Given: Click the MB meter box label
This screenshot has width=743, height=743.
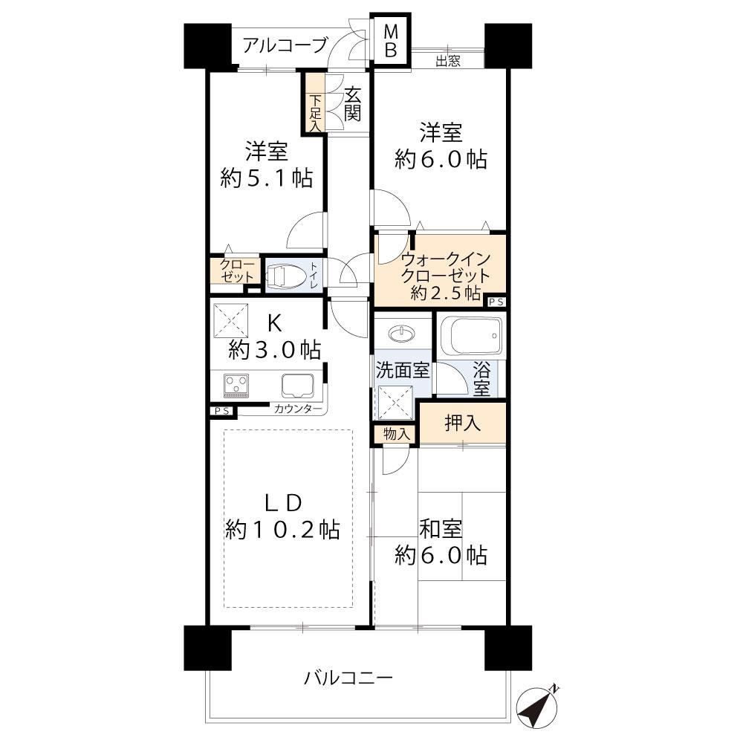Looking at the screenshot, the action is point(391,41).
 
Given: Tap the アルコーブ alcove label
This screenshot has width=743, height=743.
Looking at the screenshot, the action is point(285,45).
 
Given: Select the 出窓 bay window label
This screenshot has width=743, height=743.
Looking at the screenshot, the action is point(448,61).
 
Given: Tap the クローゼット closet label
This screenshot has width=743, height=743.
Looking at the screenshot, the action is point(236,270).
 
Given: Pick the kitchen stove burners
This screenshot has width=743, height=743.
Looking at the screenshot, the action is point(236,386).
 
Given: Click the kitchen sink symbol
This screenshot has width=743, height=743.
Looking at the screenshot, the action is point(298,386).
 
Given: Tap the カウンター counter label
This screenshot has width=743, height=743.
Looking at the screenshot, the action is point(298,409).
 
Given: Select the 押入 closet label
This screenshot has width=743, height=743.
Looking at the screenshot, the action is point(462,423).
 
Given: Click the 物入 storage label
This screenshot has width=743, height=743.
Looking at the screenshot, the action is point(396,434).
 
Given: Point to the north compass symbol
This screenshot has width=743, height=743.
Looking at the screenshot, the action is point(537,708).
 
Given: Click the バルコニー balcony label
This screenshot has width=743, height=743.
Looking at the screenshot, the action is point(348,678).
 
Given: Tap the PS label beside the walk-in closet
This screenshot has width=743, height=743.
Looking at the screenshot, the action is point(496,302).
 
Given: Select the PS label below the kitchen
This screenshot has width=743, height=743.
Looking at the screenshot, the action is point(222,411).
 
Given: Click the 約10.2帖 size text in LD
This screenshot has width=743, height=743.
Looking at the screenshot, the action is point(282,529).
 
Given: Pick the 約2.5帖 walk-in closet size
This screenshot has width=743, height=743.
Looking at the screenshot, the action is point(445,293).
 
